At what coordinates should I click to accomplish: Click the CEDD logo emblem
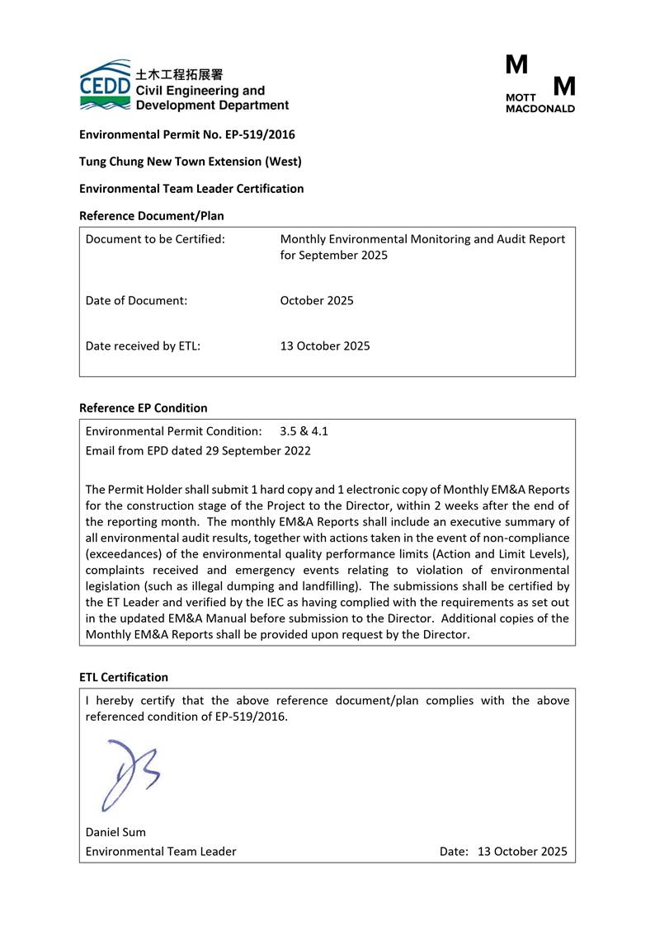tap(105, 85)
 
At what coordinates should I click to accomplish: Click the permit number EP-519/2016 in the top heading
tap(260, 134)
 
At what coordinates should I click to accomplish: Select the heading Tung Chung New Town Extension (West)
tap(190, 162)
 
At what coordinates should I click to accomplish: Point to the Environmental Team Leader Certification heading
tap(191, 189)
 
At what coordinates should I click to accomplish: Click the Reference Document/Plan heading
tap(151, 216)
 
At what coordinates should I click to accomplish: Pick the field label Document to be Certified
tap(155, 239)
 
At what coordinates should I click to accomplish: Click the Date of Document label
tap(136, 300)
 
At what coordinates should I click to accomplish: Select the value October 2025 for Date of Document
tap(317, 300)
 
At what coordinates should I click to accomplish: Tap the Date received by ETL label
tap(143, 345)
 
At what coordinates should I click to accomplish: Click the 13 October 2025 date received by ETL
tap(325, 345)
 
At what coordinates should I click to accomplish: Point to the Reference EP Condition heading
tap(143, 408)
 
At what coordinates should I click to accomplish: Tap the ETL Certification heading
tap(123, 677)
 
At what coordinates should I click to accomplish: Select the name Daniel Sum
tap(115, 832)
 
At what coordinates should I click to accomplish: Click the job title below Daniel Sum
tap(161, 851)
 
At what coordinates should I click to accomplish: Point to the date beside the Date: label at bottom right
tap(522, 851)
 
